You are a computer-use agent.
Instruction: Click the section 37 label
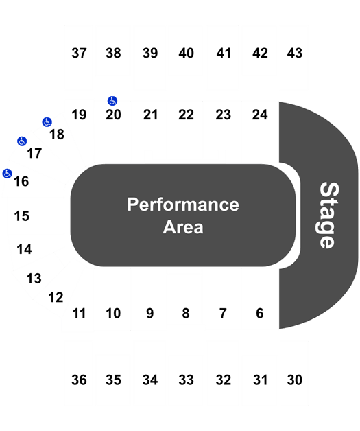click(x=79, y=53)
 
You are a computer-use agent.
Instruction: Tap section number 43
click(x=295, y=53)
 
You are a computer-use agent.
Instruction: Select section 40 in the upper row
click(x=187, y=53)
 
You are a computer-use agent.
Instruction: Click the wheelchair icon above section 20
click(x=112, y=101)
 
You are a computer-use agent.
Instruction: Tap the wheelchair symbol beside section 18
click(x=47, y=122)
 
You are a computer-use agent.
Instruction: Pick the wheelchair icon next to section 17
click(x=22, y=141)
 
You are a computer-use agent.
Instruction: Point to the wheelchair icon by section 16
click(x=7, y=174)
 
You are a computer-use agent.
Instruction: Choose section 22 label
click(x=187, y=115)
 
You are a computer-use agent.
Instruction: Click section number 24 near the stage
click(x=260, y=115)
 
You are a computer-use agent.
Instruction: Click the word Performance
click(x=183, y=205)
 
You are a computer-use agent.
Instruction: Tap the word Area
click(x=183, y=227)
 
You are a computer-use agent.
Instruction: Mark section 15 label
click(x=22, y=216)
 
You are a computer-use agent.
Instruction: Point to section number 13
click(x=34, y=279)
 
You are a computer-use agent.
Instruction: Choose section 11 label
click(x=79, y=314)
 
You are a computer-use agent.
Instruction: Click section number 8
click(x=186, y=314)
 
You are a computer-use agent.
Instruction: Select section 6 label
click(x=260, y=314)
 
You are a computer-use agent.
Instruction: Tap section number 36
click(x=79, y=380)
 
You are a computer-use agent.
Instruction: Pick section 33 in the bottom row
click(x=187, y=380)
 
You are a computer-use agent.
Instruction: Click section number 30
click(x=295, y=380)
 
